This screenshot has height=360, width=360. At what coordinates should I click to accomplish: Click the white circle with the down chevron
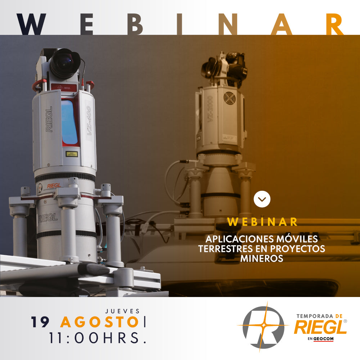(262, 199)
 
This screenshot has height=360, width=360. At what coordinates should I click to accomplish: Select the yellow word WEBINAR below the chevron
(262, 222)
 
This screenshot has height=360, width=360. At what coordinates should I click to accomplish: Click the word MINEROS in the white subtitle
(262, 258)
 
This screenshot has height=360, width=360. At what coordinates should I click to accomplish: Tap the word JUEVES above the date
(122, 311)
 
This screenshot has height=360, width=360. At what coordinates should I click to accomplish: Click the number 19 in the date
(40, 322)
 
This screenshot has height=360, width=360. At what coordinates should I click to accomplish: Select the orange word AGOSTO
(100, 322)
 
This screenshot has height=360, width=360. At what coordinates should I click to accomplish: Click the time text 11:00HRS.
(98, 338)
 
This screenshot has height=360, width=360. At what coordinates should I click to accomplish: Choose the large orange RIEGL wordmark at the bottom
(320, 328)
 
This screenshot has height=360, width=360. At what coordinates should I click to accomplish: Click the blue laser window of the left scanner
(69, 122)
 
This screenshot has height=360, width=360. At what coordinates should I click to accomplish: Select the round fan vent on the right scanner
(229, 98)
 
